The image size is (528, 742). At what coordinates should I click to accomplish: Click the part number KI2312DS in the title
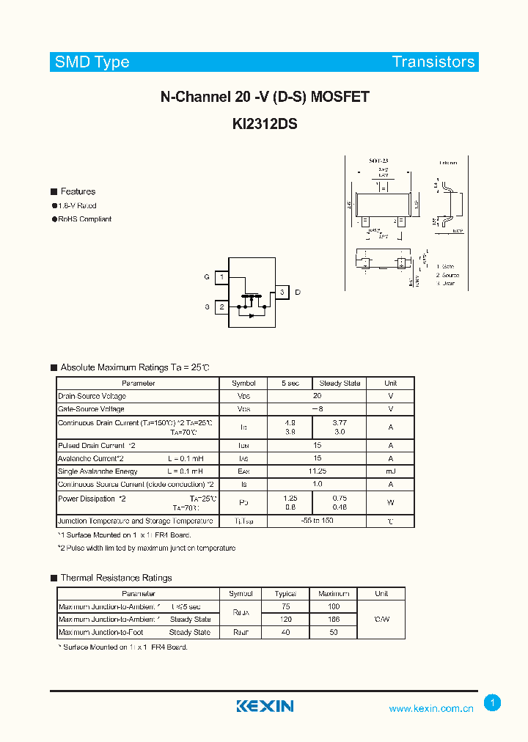pyautogui.click(x=264, y=125)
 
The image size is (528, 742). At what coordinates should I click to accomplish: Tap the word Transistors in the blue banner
pyautogui.click(x=433, y=62)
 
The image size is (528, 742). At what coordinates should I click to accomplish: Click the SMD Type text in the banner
pyautogui.click(x=92, y=62)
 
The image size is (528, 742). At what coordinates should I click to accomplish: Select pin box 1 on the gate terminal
pyautogui.click(x=221, y=277)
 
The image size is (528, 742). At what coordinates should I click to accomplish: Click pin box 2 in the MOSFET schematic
pyautogui.click(x=221, y=307)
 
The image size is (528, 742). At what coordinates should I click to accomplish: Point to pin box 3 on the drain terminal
pyautogui.click(x=281, y=293)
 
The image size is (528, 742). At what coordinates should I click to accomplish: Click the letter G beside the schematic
pyautogui.click(x=207, y=277)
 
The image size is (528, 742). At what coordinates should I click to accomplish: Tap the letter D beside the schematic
pyautogui.click(x=297, y=293)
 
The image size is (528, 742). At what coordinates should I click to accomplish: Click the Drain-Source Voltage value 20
pyautogui.click(x=317, y=396)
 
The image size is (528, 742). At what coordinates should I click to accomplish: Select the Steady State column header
pyautogui.click(x=340, y=383)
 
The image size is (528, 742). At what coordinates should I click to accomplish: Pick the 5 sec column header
pyautogui.click(x=290, y=383)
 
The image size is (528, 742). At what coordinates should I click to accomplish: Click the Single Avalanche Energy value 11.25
pyautogui.click(x=317, y=471)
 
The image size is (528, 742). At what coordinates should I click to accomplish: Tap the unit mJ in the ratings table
pyautogui.click(x=390, y=471)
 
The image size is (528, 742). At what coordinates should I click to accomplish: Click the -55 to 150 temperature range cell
pyautogui.click(x=317, y=521)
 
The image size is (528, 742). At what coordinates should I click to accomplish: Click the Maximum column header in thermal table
pyautogui.click(x=334, y=593)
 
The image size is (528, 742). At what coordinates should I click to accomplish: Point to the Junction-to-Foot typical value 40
pyautogui.click(x=285, y=632)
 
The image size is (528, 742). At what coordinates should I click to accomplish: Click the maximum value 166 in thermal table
pyautogui.click(x=334, y=620)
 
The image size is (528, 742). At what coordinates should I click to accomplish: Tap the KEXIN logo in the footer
pyautogui.click(x=265, y=706)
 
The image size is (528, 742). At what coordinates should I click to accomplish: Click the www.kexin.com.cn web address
pyautogui.click(x=431, y=708)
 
